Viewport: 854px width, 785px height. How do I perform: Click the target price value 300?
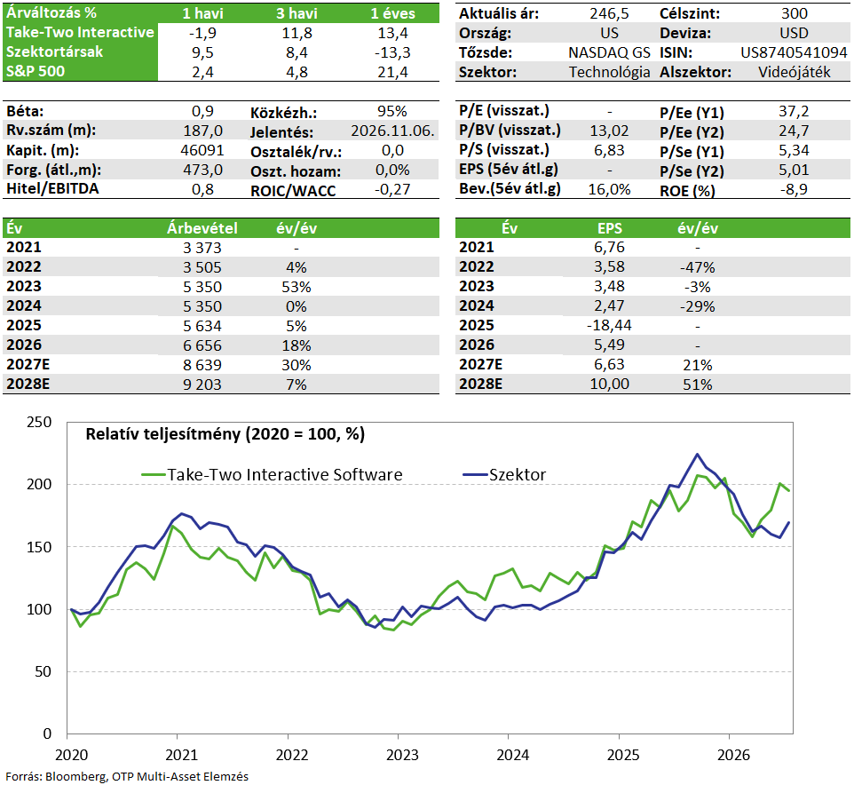point(794,13)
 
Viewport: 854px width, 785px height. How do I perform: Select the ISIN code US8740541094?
point(794,52)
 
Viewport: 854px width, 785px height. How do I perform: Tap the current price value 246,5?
point(609,13)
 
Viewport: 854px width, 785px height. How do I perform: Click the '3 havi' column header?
point(297,13)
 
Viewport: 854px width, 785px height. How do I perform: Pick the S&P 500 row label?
point(36,71)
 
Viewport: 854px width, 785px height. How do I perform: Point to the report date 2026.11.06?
point(392,131)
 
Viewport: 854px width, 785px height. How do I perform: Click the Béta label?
point(25,111)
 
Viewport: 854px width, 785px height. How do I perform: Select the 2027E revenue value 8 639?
point(202,365)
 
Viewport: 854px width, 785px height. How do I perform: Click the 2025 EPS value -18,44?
point(609,325)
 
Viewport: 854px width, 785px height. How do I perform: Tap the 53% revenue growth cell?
point(297,287)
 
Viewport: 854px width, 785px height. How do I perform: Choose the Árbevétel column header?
point(202,227)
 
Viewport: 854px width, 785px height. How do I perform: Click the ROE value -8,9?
point(794,189)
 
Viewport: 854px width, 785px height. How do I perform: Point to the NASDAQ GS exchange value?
point(609,52)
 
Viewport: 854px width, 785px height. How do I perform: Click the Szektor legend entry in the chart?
point(504,474)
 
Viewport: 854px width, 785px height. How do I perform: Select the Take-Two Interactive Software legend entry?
point(272,474)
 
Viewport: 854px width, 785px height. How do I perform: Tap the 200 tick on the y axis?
point(39,484)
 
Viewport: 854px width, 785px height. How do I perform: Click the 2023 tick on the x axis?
point(402,755)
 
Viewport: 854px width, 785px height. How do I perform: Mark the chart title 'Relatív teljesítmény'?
point(162,434)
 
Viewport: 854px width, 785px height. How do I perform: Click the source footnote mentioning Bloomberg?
point(127,776)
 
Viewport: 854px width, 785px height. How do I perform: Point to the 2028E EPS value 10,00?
point(609,384)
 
